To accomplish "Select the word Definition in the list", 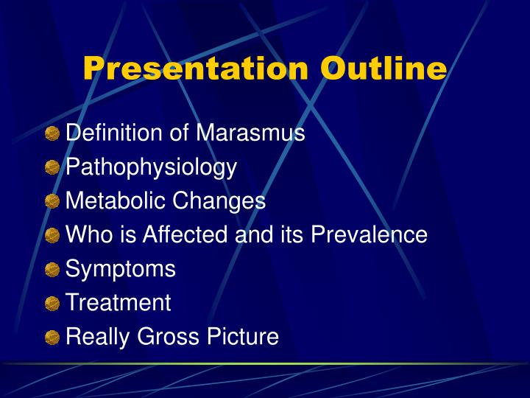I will pos(113,133).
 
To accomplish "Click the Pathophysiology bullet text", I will pos(151,168).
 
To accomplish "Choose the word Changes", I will pos(219,200).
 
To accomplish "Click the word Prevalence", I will pos(369,235).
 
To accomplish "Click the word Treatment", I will pos(119,303).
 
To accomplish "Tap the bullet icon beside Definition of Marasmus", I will pos(52,134).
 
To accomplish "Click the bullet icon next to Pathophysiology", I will pos(52,168).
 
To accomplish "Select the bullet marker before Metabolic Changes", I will pos(52,202).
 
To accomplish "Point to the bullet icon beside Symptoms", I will pos(52,270).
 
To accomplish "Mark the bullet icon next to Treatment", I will pos(52,304).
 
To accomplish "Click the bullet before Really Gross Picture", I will pos(52,338).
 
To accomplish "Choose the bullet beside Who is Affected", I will pos(52,236).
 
